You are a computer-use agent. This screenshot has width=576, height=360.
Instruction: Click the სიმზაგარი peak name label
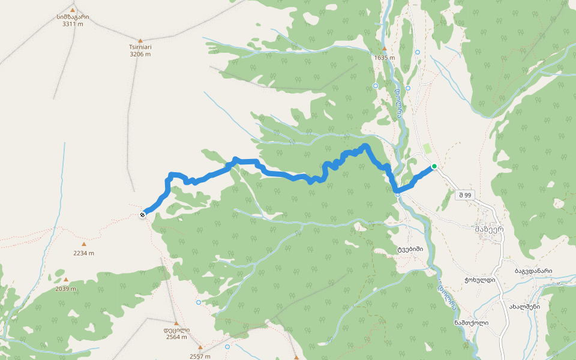point(73,17)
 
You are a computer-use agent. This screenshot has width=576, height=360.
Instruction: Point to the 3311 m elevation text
point(73,24)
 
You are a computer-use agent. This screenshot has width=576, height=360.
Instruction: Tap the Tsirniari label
point(140,47)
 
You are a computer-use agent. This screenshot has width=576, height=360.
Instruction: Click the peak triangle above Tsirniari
point(140,40)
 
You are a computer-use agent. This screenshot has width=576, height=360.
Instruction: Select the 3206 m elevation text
point(140,54)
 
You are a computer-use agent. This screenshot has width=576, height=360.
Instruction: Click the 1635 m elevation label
point(385,58)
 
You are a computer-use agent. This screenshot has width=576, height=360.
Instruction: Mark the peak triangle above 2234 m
point(84,244)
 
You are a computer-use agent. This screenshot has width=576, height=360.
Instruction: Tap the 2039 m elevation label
point(66,289)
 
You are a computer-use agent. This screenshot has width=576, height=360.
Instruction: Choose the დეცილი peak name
point(176,329)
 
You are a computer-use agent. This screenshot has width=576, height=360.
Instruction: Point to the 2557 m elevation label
point(200,356)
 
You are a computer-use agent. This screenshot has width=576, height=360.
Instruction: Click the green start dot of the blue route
point(434,166)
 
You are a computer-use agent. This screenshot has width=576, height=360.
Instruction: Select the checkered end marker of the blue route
point(143,214)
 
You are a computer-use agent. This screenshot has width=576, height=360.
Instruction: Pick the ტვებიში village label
point(410,249)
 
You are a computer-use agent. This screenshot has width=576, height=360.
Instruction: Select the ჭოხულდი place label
point(479,280)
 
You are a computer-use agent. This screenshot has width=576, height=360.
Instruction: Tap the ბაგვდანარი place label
point(533,271)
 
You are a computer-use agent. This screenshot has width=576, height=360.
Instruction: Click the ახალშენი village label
point(524,306)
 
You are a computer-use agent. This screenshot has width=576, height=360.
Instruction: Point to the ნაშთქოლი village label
point(471,322)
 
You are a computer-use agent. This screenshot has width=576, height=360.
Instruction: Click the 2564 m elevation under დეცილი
point(176,337)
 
